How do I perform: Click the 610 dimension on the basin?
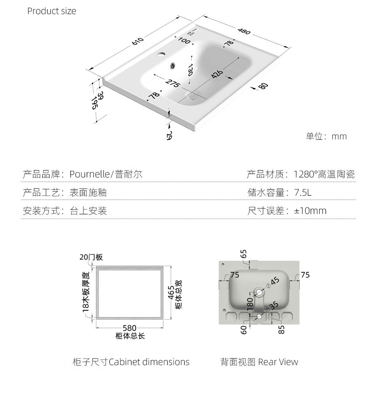coord(138,41)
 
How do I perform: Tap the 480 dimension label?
coord(244,31)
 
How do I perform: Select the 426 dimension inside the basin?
coord(217,73)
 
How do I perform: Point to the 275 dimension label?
coord(173,83)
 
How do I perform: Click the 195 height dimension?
coord(94,103)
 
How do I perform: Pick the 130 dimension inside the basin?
coord(190,70)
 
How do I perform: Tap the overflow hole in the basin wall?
coord(173,66)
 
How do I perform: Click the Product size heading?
coord(51,11)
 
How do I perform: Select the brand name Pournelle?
coord(90,174)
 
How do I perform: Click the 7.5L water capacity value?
coord(303,193)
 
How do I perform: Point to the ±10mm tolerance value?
coord(310,211)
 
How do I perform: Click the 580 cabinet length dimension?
coord(129,328)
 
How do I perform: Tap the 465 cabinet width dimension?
coord(171,292)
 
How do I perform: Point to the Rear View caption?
coord(278,362)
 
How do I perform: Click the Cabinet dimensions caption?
coord(149,362)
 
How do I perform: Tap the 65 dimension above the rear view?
coord(243,254)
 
